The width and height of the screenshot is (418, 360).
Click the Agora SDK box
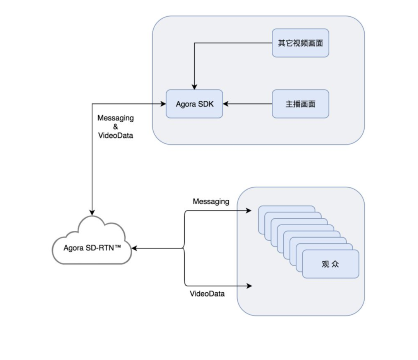(x=194, y=104)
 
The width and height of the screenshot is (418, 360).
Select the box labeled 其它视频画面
(x=300, y=43)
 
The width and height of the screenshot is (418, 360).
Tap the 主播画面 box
(x=300, y=104)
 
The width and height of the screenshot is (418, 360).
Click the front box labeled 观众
(x=331, y=264)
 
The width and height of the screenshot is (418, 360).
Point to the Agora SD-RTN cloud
(x=91, y=244)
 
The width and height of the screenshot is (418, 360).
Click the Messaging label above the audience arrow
(x=211, y=201)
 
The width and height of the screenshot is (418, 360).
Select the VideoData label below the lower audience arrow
(x=207, y=294)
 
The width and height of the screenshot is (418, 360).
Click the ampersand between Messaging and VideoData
(x=115, y=127)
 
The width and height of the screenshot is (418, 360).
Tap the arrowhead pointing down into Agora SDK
(x=194, y=87)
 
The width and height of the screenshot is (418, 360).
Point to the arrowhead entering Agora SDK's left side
(x=163, y=104)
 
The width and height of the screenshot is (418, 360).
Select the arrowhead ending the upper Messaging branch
(x=250, y=211)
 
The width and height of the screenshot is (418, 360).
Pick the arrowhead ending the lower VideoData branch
(x=250, y=286)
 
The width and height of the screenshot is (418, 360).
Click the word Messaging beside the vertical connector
(x=115, y=118)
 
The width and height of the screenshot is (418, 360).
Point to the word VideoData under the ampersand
(x=115, y=136)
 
